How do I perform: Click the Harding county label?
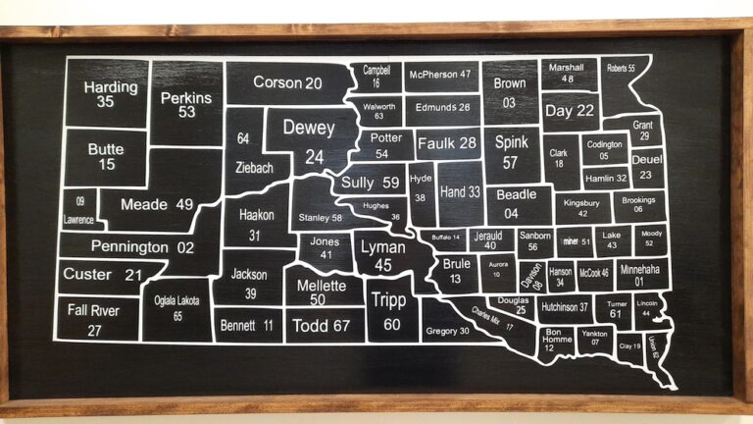(x=110, y=86)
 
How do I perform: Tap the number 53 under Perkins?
(x=186, y=112)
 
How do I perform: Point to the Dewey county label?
(x=309, y=129)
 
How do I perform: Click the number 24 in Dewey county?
(x=314, y=156)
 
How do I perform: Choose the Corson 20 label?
(x=287, y=83)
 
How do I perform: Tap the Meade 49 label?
(x=157, y=204)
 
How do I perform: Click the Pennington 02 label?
(x=142, y=247)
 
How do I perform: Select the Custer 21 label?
(x=102, y=275)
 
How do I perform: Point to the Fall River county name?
(x=94, y=310)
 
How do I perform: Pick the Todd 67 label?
(x=321, y=325)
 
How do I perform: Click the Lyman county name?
(x=383, y=247)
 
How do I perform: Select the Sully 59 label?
(x=371, y=183)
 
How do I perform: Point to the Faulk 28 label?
(x=446, y=144)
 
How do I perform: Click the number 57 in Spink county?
(x=510, y=162)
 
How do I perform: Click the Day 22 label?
(x=570, y=111)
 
